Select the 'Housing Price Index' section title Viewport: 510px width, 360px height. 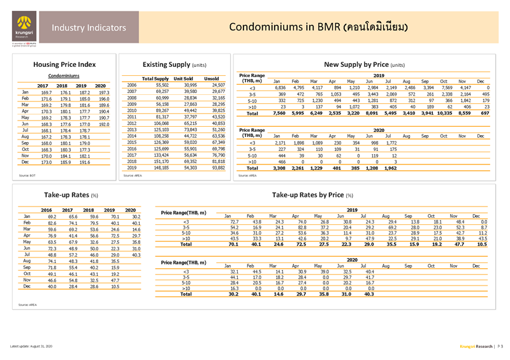[x=68, y=64]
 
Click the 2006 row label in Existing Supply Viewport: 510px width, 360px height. [x=131, y=84]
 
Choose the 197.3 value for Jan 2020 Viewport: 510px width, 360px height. [x=101, y=93]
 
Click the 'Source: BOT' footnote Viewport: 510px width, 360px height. [x=27, y=174]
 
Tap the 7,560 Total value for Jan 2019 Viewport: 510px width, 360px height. [x=279, y=113]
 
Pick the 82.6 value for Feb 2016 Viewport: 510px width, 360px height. [x=47, y=224]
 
